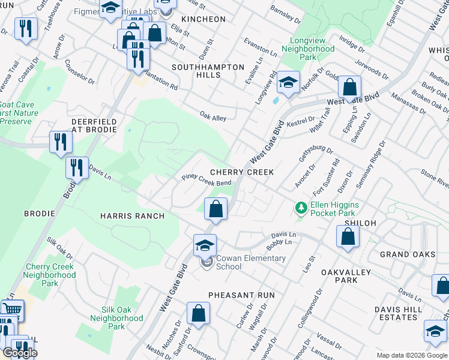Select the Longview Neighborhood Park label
coord(308,53)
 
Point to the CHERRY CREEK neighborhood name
coord(241,172)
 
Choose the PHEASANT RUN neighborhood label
coord(241,295)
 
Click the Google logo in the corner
coord(20,353)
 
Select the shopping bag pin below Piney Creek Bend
coord(215,210)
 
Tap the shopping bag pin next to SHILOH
coord(348,237)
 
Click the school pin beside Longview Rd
coord(288,83)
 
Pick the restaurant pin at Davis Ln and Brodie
coord(76,168)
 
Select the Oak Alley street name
coord(213,118)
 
